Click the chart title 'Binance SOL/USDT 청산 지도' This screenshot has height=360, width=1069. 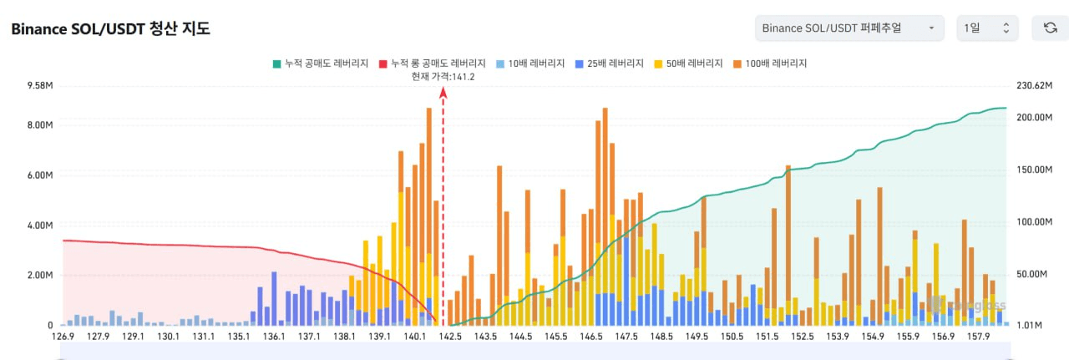pos(110,28)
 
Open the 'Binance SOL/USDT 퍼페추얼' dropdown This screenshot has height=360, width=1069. pos(849,28)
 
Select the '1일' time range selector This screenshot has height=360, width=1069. pos(986,28)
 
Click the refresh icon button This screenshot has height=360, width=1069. pos(1050,28)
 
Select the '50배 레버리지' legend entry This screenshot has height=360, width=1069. pos(689,63)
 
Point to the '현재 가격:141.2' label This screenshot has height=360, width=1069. pos(443,77)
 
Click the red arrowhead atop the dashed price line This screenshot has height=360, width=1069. pos(443,94)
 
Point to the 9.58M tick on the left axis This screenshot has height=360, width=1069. pos(39,86)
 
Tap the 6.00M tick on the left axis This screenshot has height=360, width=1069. pos(39,175)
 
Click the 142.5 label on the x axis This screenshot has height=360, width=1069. pos(451,337)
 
